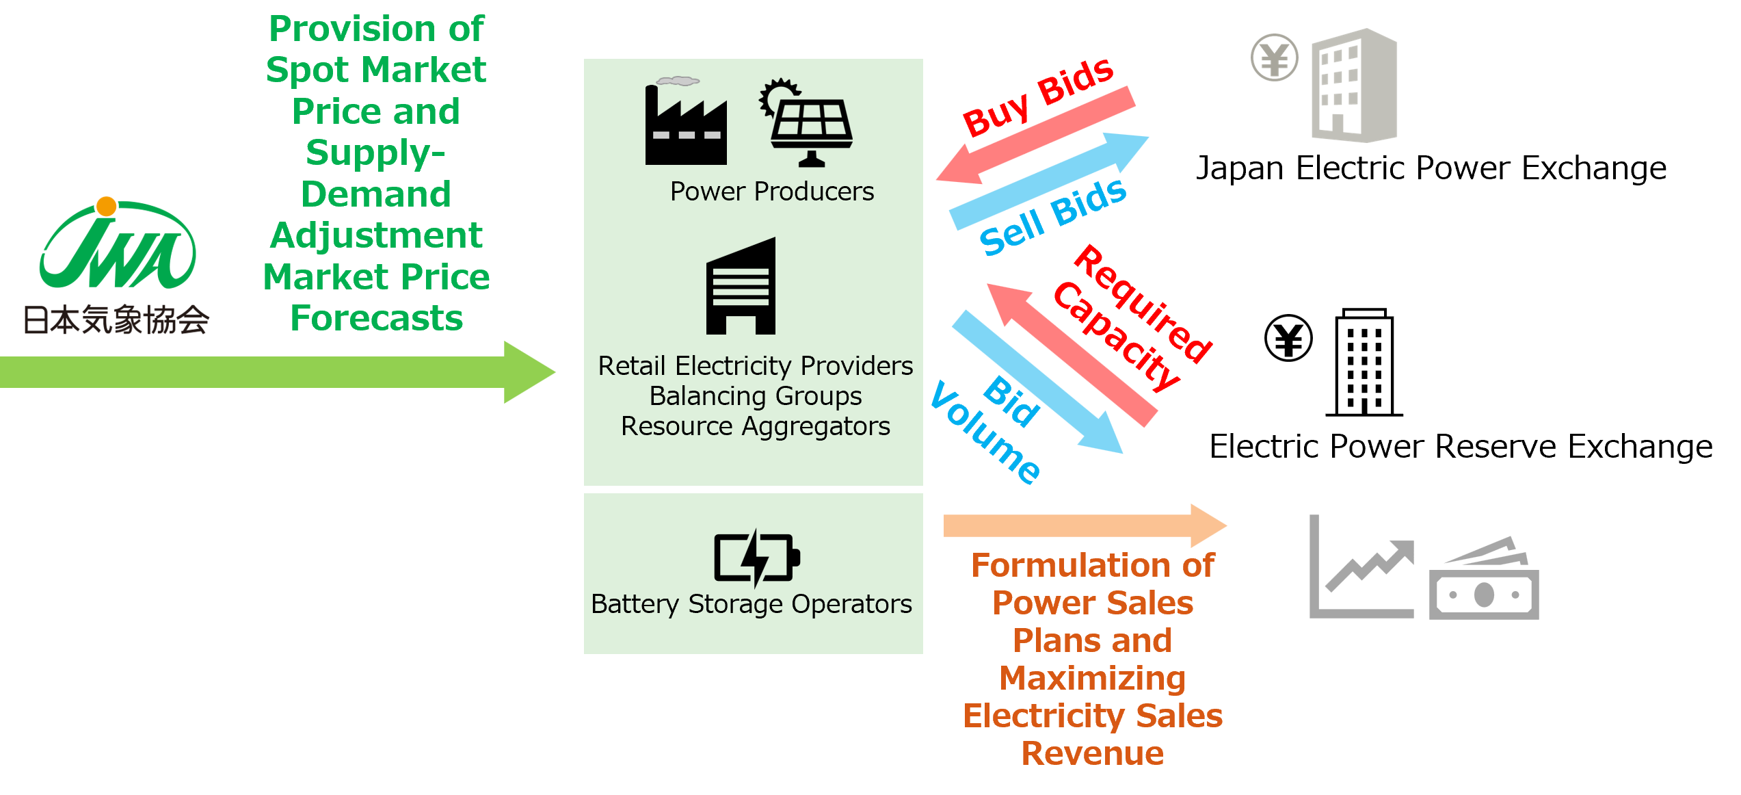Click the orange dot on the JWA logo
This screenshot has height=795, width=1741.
coord(106,206)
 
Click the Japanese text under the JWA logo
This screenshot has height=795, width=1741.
coord(116,320)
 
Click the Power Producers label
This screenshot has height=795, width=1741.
coord(771,192)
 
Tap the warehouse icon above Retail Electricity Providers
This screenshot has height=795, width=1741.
coord(741,287)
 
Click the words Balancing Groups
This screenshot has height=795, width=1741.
coord(755,396)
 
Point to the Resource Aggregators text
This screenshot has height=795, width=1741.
coord(755,426)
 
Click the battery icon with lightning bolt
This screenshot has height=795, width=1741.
coord(756,558)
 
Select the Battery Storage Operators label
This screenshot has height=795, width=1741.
coord(752,604)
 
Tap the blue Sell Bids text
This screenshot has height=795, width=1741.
coord(1052,217)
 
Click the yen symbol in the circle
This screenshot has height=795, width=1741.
coord(1274,57)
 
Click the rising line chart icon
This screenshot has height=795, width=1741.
coord(1361,568)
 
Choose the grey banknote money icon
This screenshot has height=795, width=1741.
coord(1484,582)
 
